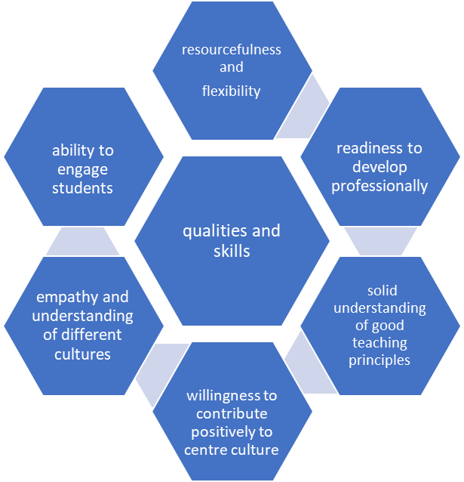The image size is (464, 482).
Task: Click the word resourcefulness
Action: [x=232, y=50]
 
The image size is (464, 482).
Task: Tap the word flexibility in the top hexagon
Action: [x=232, y=91]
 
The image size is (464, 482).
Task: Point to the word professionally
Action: [x=379, y=186]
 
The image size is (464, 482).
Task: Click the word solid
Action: [x=382, y=291]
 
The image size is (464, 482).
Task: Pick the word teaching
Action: [x=379, y=343]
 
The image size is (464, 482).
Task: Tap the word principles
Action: [x=379, y=360]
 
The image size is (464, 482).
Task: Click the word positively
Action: [x=232, y=432]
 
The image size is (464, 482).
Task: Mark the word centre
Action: [x=204, y=450]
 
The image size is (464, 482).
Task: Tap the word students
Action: [x=82, y=188]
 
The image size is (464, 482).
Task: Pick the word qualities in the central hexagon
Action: [x=209, y=231]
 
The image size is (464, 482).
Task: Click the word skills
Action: [x=232, y=251]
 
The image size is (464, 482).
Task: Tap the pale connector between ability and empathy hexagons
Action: [x=83, y=241]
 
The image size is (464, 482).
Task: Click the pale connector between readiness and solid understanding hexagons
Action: [x=381, y=242]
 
